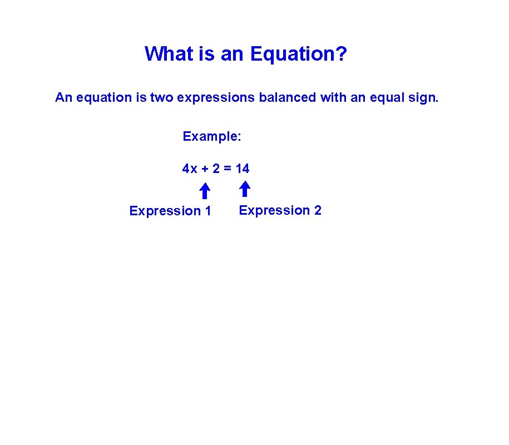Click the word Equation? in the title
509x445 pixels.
(x=299, y=55)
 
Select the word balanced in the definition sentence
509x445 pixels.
(x=288, y=98)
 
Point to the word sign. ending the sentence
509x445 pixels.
(x=424, y=98)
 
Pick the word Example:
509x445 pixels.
(x=212, y=136)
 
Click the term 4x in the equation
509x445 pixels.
(x=190, y=169)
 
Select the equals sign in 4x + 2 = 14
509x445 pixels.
(x=228, y=169)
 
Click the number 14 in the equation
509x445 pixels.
(x=243, y=169)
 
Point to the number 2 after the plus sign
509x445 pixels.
(x=216, y=169)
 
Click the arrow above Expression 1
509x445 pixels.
(x=205, y=191)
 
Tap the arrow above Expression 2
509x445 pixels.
(x=245, y=190)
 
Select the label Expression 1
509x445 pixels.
(x=170, y=211)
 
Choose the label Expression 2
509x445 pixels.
(x=280, y=210)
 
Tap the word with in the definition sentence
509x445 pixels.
(x=332, y=98)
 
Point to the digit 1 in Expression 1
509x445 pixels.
(x=208, y=211)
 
